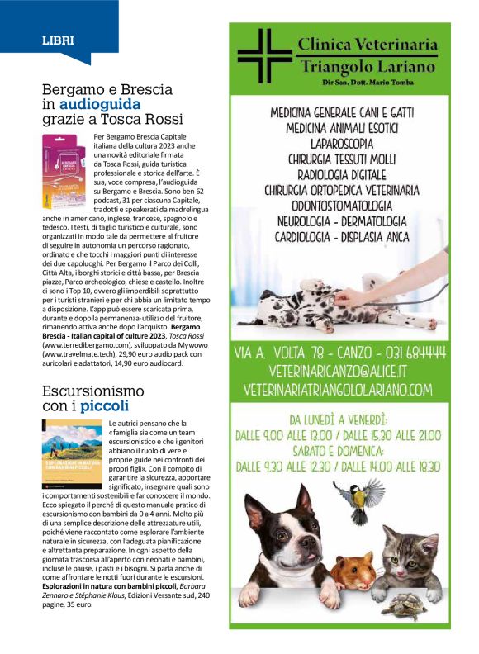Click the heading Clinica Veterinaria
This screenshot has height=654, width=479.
pyautogui.click(x=367, y=45)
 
